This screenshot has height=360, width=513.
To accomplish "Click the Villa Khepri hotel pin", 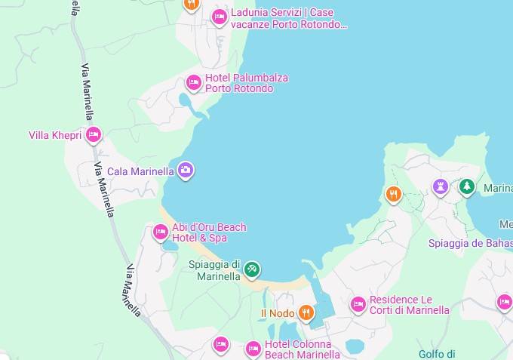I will point(94,135).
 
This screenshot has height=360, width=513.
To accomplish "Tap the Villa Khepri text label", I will point(54,136).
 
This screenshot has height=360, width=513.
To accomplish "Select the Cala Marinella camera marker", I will point(186,171).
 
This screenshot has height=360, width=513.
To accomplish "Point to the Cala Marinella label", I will point(140,171).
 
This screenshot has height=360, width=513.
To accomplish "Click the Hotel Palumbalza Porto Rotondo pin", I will point(194,82).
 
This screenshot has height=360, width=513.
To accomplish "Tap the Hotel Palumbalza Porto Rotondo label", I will point(246,83).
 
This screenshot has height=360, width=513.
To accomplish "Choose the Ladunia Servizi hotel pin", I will point(220,17).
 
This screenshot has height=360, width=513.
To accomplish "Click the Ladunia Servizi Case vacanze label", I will point(289,18).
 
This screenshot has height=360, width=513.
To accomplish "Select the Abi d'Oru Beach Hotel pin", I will point(160,232).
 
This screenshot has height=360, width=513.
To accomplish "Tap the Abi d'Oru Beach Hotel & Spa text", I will point(209,232).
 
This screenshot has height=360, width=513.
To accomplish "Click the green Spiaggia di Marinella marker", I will point(252,269).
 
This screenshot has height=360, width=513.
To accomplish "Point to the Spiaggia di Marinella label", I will point(214,270).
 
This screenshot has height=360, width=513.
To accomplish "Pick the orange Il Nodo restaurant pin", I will point(306,312).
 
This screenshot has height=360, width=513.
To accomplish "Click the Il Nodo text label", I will point(278,313).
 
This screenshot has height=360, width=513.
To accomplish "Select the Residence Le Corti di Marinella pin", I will point(358,304).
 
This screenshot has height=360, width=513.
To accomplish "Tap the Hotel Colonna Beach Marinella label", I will point(303,349).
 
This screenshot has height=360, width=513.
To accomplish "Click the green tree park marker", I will point(467,186).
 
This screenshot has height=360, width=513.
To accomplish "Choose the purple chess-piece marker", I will point(441,186).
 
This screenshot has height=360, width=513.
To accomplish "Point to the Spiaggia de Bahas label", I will point(470,243).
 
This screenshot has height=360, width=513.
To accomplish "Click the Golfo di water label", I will point(437,353).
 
